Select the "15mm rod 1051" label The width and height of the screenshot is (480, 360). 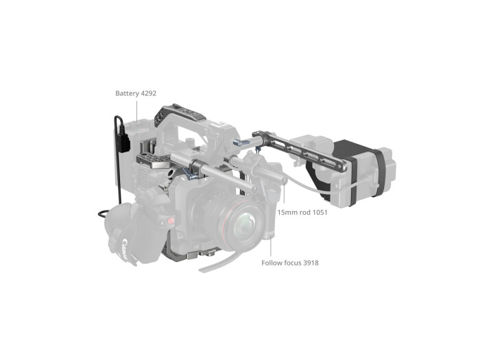point(302,213)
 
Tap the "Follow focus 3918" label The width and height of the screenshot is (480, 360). point(290,262)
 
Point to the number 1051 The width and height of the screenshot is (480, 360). point(317,213)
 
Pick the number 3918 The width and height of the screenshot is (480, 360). point(309,262)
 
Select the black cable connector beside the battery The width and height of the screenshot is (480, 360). point(126,146)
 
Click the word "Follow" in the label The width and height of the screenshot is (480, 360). point(272,262)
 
